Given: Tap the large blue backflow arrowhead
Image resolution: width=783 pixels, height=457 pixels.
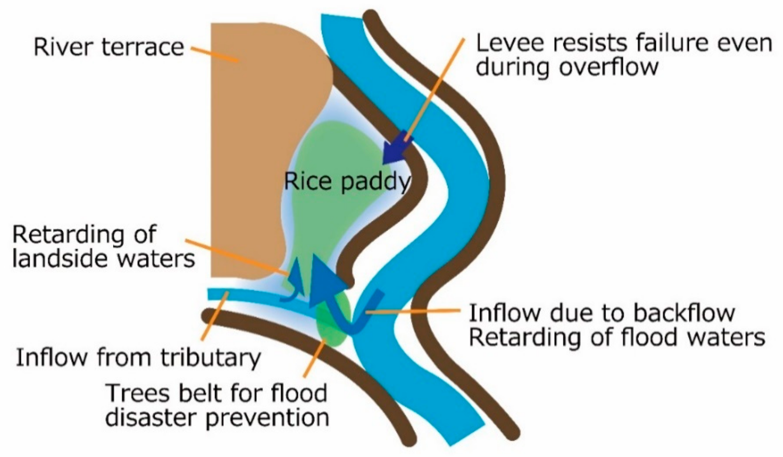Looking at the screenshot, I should click(x=326, y=272).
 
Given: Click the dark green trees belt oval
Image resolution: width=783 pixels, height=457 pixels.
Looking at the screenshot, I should click(x=332, y=323).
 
